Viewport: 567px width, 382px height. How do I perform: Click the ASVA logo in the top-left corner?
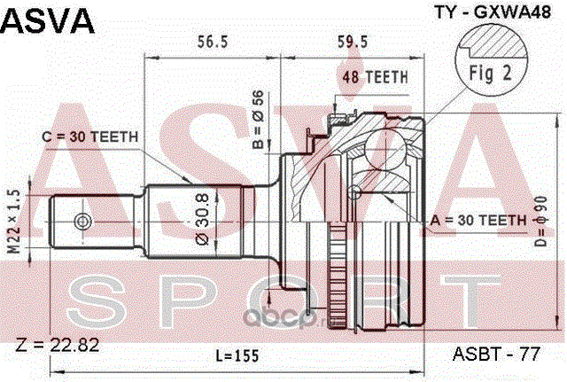49,20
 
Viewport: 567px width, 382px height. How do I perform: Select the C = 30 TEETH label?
89,136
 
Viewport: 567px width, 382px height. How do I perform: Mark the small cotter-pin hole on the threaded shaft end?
81,221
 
